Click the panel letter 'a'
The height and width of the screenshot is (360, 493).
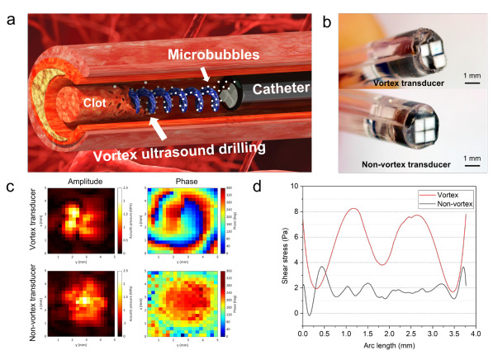8,11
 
